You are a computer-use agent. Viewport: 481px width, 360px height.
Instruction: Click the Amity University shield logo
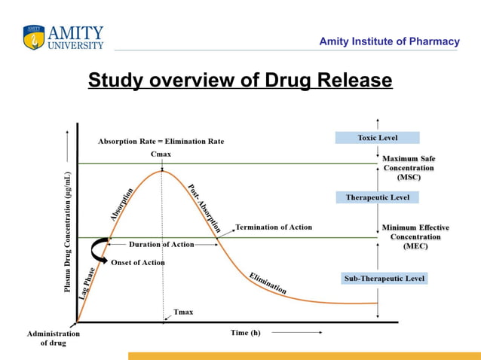[34, 37]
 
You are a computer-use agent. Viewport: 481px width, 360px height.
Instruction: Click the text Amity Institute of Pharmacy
[389, 41]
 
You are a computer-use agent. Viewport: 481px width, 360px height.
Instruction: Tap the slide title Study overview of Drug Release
[240, 81]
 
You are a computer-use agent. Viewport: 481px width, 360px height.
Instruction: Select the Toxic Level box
[377, 138]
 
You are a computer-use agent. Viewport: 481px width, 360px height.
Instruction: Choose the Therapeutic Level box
[377, 197]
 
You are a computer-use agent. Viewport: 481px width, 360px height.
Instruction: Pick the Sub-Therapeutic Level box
[384, 279]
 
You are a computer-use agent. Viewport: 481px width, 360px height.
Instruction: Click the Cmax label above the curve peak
[161, 154]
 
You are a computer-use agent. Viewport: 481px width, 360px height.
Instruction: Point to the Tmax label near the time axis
[183, 311]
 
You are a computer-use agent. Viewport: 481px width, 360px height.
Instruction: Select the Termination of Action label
[274, 227]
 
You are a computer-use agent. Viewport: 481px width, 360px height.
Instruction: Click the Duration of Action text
[161, 245]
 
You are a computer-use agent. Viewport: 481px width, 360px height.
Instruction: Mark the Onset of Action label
[138, 262]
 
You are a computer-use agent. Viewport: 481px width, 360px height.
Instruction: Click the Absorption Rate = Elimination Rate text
[161, 141]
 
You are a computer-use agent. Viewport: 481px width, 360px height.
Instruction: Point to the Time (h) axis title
[245, 332]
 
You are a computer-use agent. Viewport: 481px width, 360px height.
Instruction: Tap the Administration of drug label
[53, 338]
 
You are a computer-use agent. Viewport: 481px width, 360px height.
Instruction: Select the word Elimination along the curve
[268, 282]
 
